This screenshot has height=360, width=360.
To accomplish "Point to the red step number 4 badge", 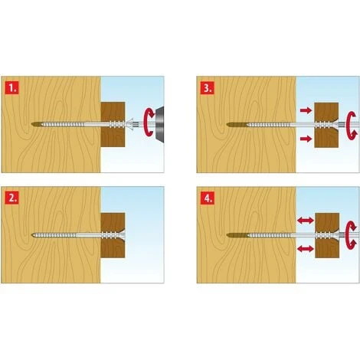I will pyautogui.click(x=208, y=198).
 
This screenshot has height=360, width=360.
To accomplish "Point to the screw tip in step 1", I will pyautogui.click(x=34, y=123).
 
